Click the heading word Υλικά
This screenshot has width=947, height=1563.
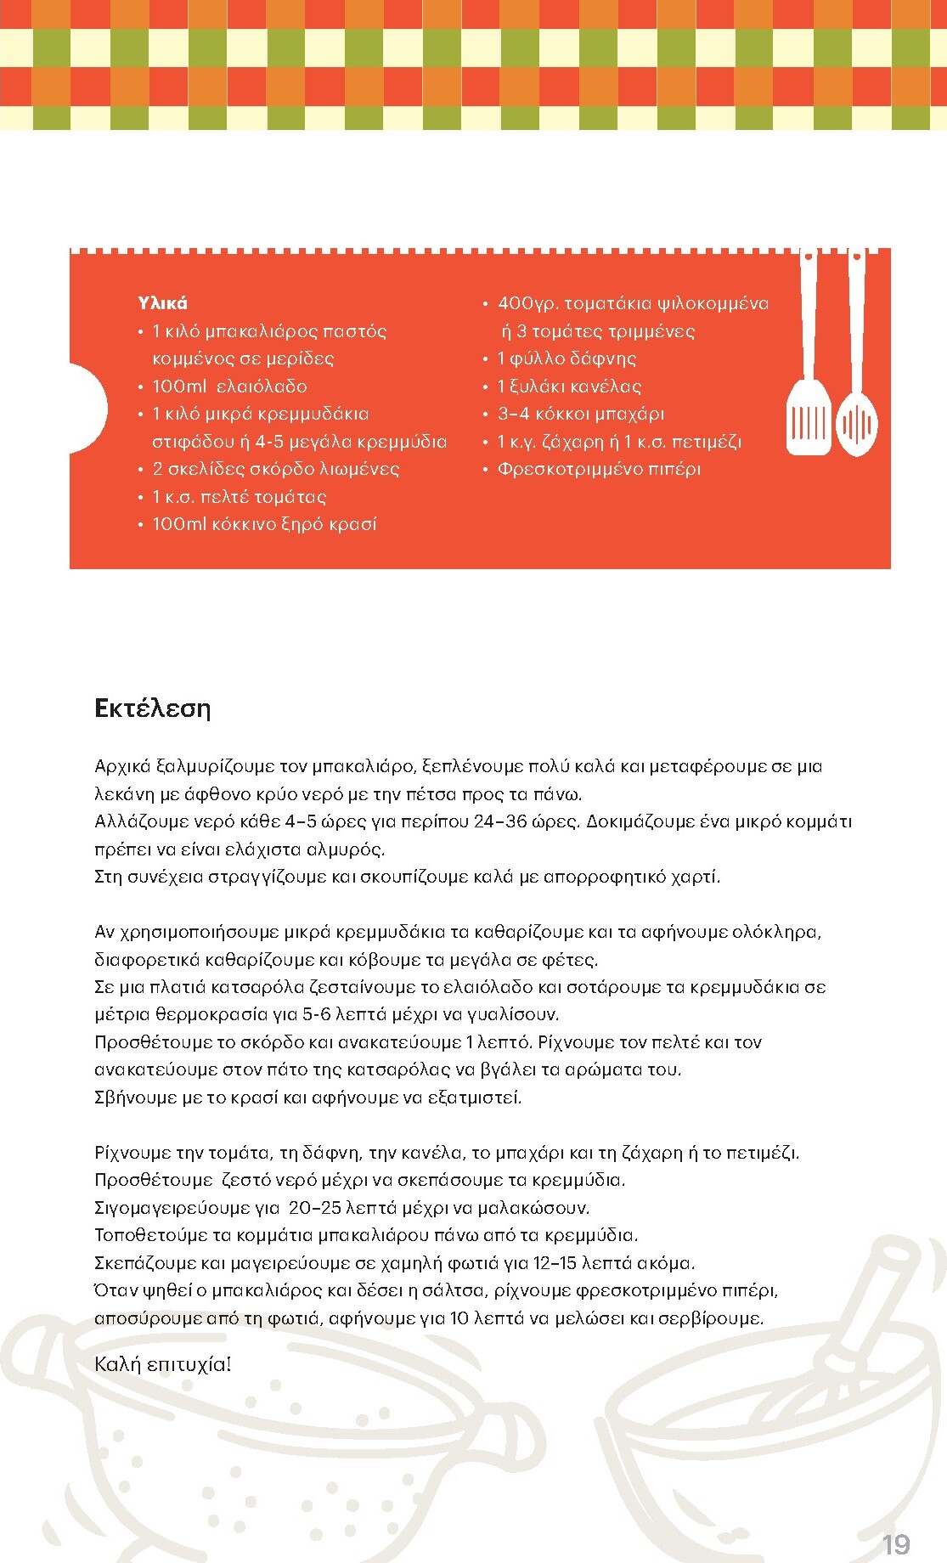(162, 303)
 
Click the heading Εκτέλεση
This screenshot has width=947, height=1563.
(153, 708)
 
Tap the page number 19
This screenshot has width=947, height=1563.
(896, 1544)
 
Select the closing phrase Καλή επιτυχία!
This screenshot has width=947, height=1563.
(163, 1364)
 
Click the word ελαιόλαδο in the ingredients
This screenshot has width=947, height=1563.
(262, 387)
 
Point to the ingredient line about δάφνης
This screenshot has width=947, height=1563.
(567, 358)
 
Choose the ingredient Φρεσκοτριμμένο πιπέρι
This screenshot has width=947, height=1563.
(599, 469)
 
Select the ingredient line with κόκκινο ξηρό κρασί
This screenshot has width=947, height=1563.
(264, 524)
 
